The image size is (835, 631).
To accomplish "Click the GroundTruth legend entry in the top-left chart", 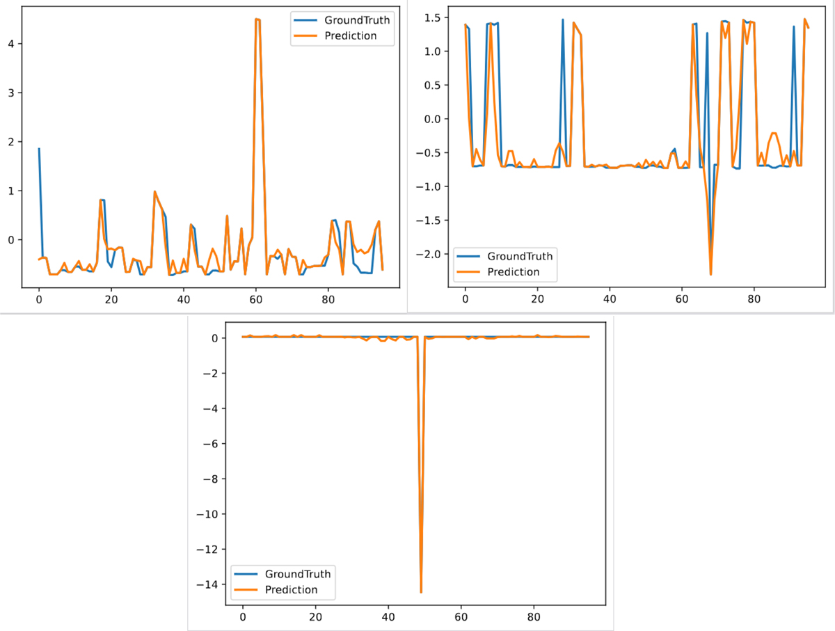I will [x=357, y=20].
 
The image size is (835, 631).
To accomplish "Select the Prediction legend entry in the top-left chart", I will [x=351, y=35].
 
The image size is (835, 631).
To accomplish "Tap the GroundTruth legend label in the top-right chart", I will [x=520, y=256].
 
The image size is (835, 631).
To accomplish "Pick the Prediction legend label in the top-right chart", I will [x=514, y=271].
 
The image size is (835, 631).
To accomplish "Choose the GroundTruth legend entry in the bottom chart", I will [x=298, y=574].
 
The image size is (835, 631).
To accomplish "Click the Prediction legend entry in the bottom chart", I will [x=292, y=589].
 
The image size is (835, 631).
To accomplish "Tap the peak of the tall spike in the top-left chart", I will [x=257, y=19].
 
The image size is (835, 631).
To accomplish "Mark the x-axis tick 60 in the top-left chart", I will [x=256, y=300].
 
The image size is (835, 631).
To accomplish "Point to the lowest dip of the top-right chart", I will [x=710, y=275].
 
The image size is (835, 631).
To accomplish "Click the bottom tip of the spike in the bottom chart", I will [x=421, y=593].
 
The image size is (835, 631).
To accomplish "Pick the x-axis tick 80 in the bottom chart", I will [x=534, y=616].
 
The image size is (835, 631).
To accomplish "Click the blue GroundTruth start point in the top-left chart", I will [x=39, y=148].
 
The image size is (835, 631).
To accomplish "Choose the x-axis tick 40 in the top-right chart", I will [x=610, y=300].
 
